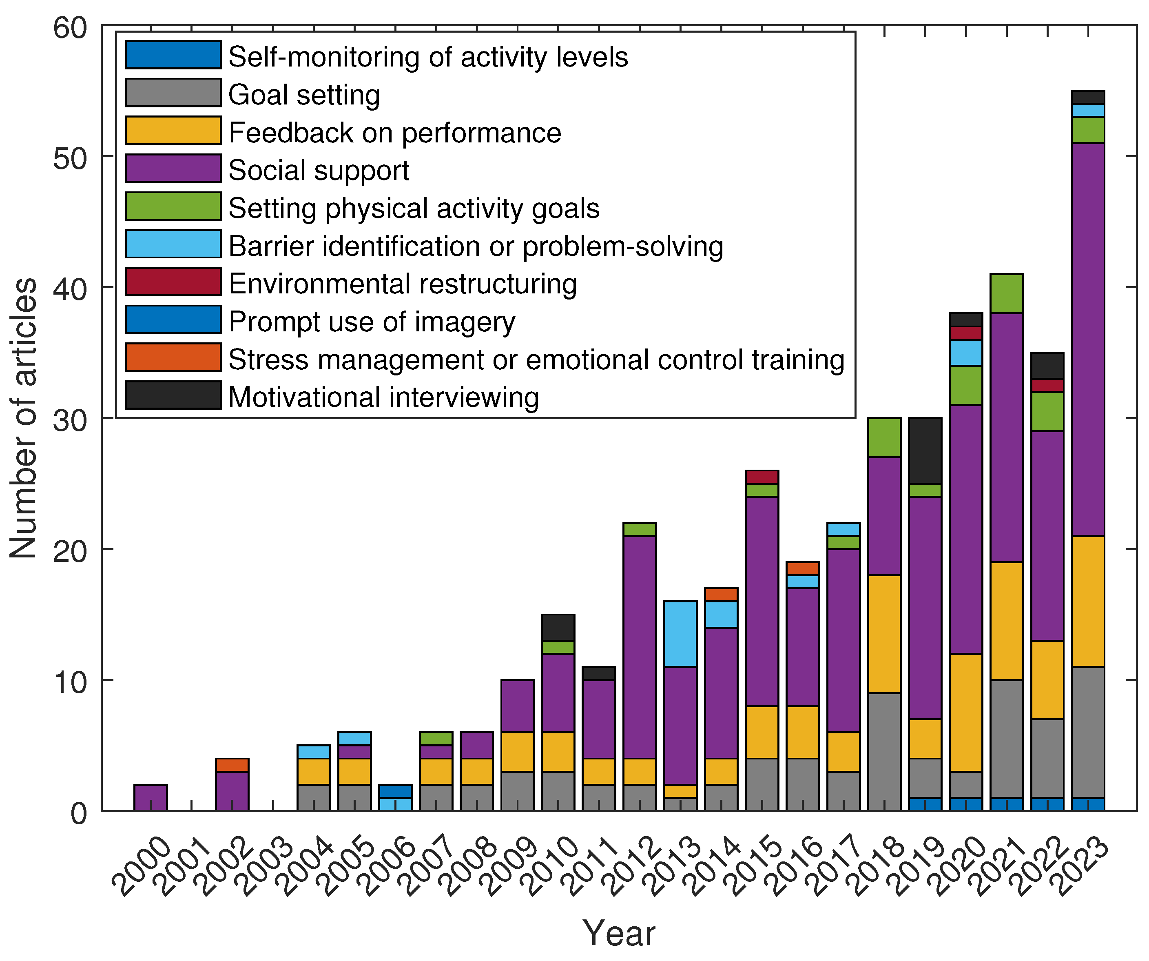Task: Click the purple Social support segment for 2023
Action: point(1088,339)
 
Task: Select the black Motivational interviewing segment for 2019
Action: point(925,451)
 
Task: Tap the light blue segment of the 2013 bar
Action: point(680,634)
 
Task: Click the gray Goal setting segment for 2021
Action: point(1007,739)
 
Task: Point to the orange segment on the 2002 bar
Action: point(232,765)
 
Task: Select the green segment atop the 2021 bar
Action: point(1007,293)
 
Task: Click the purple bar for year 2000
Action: point(151,797)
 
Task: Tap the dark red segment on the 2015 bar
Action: point(762,477)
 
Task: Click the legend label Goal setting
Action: point(303,95)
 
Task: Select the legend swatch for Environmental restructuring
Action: point(173,282)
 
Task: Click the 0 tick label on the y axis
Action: point(79,814)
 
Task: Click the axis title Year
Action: point(618,934)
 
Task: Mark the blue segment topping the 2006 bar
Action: point(395,791)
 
